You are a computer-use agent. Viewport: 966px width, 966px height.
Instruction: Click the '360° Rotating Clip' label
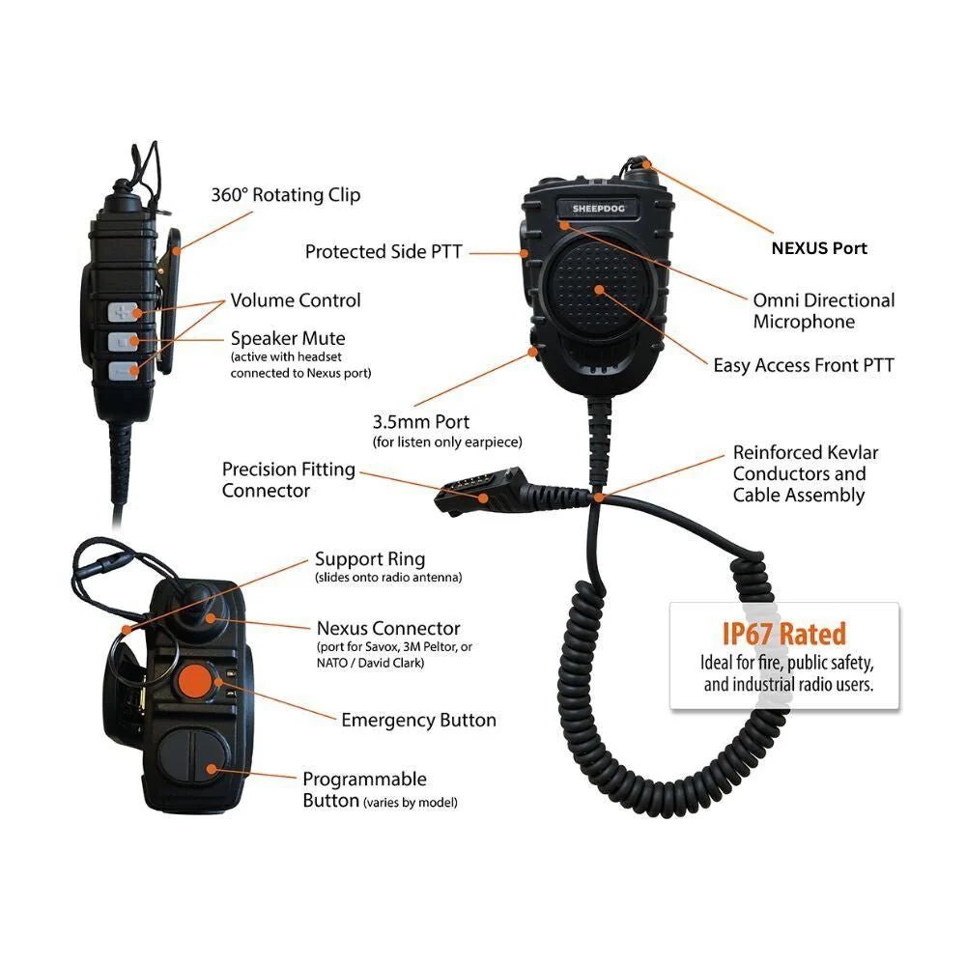point(286,195)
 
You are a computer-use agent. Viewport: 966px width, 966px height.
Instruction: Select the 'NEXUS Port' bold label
point(819,248)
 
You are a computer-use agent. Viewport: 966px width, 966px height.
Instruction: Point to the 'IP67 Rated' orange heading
point(783,634)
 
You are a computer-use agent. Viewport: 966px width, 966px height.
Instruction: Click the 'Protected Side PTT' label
point(384,252)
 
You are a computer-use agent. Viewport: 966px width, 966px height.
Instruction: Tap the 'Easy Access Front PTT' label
point(804,365)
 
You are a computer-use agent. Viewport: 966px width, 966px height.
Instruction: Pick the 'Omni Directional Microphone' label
point(823,311)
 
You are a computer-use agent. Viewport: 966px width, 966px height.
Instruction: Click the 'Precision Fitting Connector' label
point(288,480)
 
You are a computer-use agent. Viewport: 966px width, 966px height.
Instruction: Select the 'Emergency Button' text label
point(418,720)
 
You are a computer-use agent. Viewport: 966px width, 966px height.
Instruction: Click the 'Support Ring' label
point(369,559)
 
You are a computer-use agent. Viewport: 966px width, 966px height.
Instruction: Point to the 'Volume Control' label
point(295,300)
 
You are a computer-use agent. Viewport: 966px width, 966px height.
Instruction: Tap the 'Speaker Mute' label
point(287,339)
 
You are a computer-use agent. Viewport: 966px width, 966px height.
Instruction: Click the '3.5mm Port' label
point(420,422)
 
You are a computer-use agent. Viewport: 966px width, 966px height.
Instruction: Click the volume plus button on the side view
point(124,311)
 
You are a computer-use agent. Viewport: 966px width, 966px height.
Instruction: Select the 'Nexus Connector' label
point(388,629)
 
